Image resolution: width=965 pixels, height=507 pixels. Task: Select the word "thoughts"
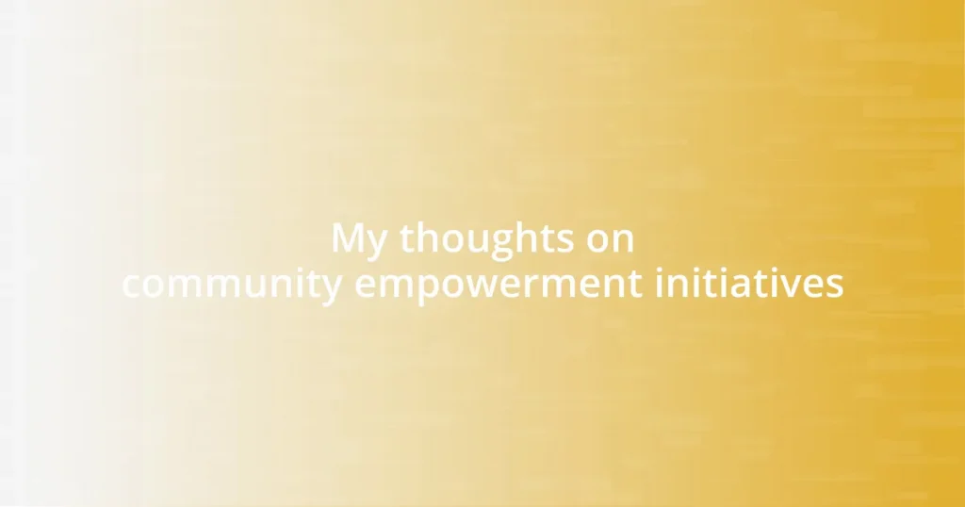click(x=482, y=239)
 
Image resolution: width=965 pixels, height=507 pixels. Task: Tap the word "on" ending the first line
click(x=610, y=239)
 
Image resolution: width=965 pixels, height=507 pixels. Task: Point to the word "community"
click(x=232, y=285)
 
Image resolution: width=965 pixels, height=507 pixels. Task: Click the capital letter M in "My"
click(x=349, y=239)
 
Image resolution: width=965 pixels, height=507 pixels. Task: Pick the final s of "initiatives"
click(x=835, y=286)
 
